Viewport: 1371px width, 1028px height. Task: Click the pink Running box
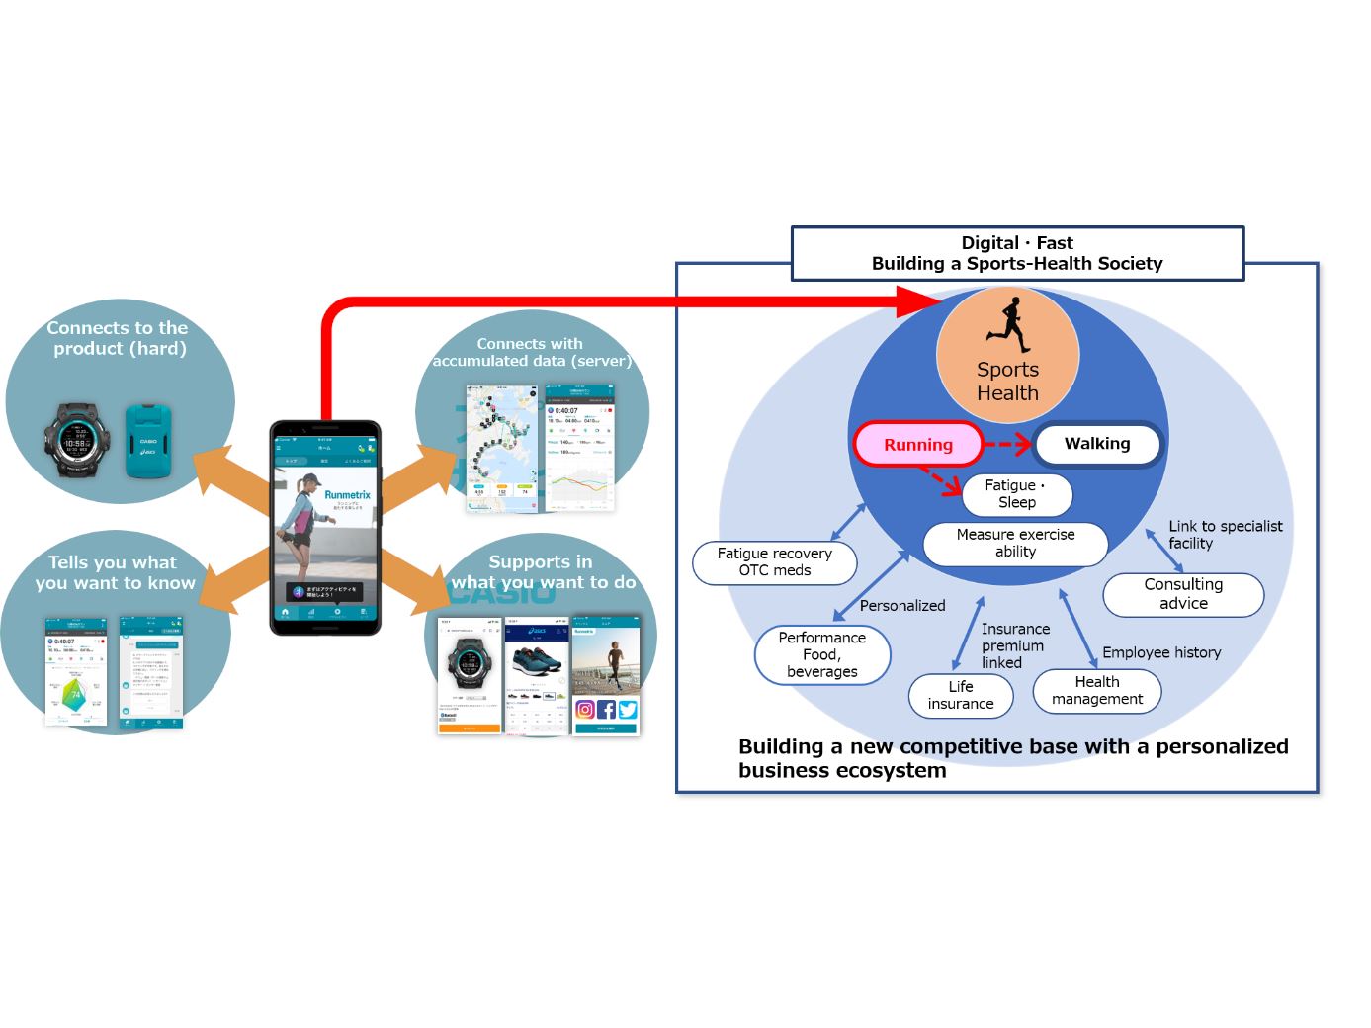tap(918, 445)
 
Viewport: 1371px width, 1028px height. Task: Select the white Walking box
tap(1097, 444)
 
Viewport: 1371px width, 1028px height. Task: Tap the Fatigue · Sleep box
tap(1016, 494)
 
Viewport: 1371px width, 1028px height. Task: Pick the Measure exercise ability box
tap(1015, 543)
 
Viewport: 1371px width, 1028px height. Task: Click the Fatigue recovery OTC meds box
tap(774, 561)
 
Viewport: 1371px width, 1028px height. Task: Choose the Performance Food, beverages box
tap(821, 654)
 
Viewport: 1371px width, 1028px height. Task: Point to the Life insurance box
tap(961, 695)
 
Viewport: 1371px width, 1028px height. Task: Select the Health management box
tap(1096, 690)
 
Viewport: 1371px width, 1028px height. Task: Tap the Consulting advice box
tap(1183, 594)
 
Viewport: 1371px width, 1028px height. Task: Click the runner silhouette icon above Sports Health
tap(1009, 323)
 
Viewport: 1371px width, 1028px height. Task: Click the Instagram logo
tap(585, 709)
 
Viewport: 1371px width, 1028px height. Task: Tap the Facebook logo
tap(606, 709)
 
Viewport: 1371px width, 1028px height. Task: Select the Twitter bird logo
tap(628, 709)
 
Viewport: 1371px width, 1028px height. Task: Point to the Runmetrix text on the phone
tap(347, 494)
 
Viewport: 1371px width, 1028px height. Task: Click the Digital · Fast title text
tap(1016, 243)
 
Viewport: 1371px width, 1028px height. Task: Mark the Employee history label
tap(1161, 652)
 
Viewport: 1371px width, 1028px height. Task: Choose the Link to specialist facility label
tap(1225, 534)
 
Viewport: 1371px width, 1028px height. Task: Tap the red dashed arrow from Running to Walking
tap(1008, 444)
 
